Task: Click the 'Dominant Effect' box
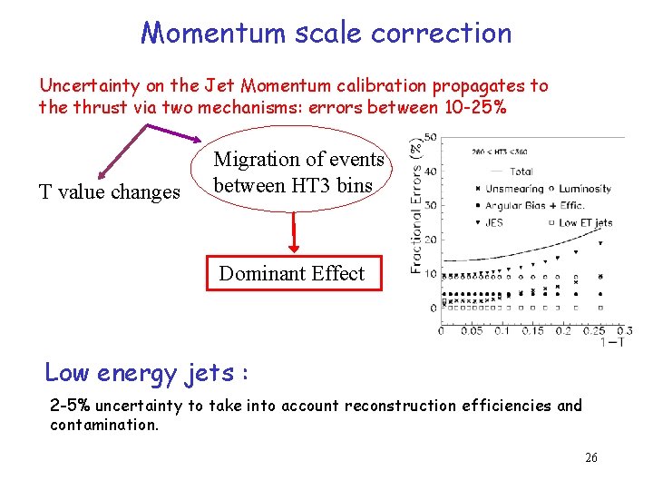[x=291, y=274]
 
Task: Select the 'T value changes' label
[x=109, y=191]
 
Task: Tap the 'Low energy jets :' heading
[x=147, y=372]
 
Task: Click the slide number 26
[x=590, y=458]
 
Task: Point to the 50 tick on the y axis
[x=431, y=137]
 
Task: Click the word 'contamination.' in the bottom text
[x=104, y=425]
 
